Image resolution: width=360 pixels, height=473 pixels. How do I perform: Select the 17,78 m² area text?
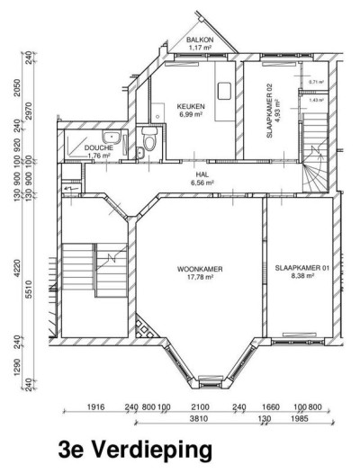coord(199,277)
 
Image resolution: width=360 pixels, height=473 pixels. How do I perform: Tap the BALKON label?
coord(200,40)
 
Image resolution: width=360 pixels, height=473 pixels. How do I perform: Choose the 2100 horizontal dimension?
coord(199,406)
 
